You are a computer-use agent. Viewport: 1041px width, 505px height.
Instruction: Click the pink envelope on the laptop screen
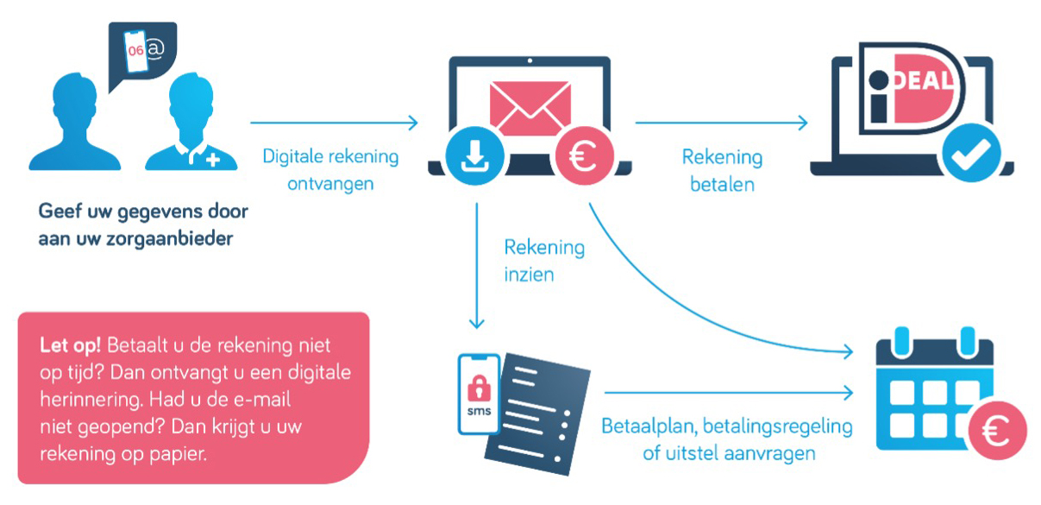[x=530, y=108]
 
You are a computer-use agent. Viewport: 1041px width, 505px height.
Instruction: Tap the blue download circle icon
[x=474, y=155]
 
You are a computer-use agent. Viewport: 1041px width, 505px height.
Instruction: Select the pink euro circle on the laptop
[x=584, y=155]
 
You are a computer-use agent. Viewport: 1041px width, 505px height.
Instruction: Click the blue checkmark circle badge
[x=971, y=153]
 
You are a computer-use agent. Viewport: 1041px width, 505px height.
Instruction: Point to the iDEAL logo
[x=911, y=88]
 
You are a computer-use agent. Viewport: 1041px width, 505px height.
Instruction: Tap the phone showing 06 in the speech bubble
[x=135, y=51]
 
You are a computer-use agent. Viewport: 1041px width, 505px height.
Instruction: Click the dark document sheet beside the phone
[x=539, y=413]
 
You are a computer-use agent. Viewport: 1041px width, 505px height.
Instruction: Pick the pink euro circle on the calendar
[x=997, y=431]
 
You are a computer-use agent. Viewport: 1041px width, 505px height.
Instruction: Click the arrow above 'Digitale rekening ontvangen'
[x=334, y=123]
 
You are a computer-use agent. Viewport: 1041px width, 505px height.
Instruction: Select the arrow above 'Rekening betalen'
[x=722, y=123]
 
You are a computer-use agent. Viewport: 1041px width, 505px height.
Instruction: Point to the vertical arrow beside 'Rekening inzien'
[x=477, y=266]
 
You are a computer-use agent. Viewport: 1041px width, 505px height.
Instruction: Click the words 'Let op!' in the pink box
[x=70, y=346]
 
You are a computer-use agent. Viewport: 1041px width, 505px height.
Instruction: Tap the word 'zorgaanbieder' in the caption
[x=170, y=239]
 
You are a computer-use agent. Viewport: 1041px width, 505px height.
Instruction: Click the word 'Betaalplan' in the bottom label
[x=649, y=426]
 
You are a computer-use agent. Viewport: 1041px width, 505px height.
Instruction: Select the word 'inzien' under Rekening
[x=529, y=275]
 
